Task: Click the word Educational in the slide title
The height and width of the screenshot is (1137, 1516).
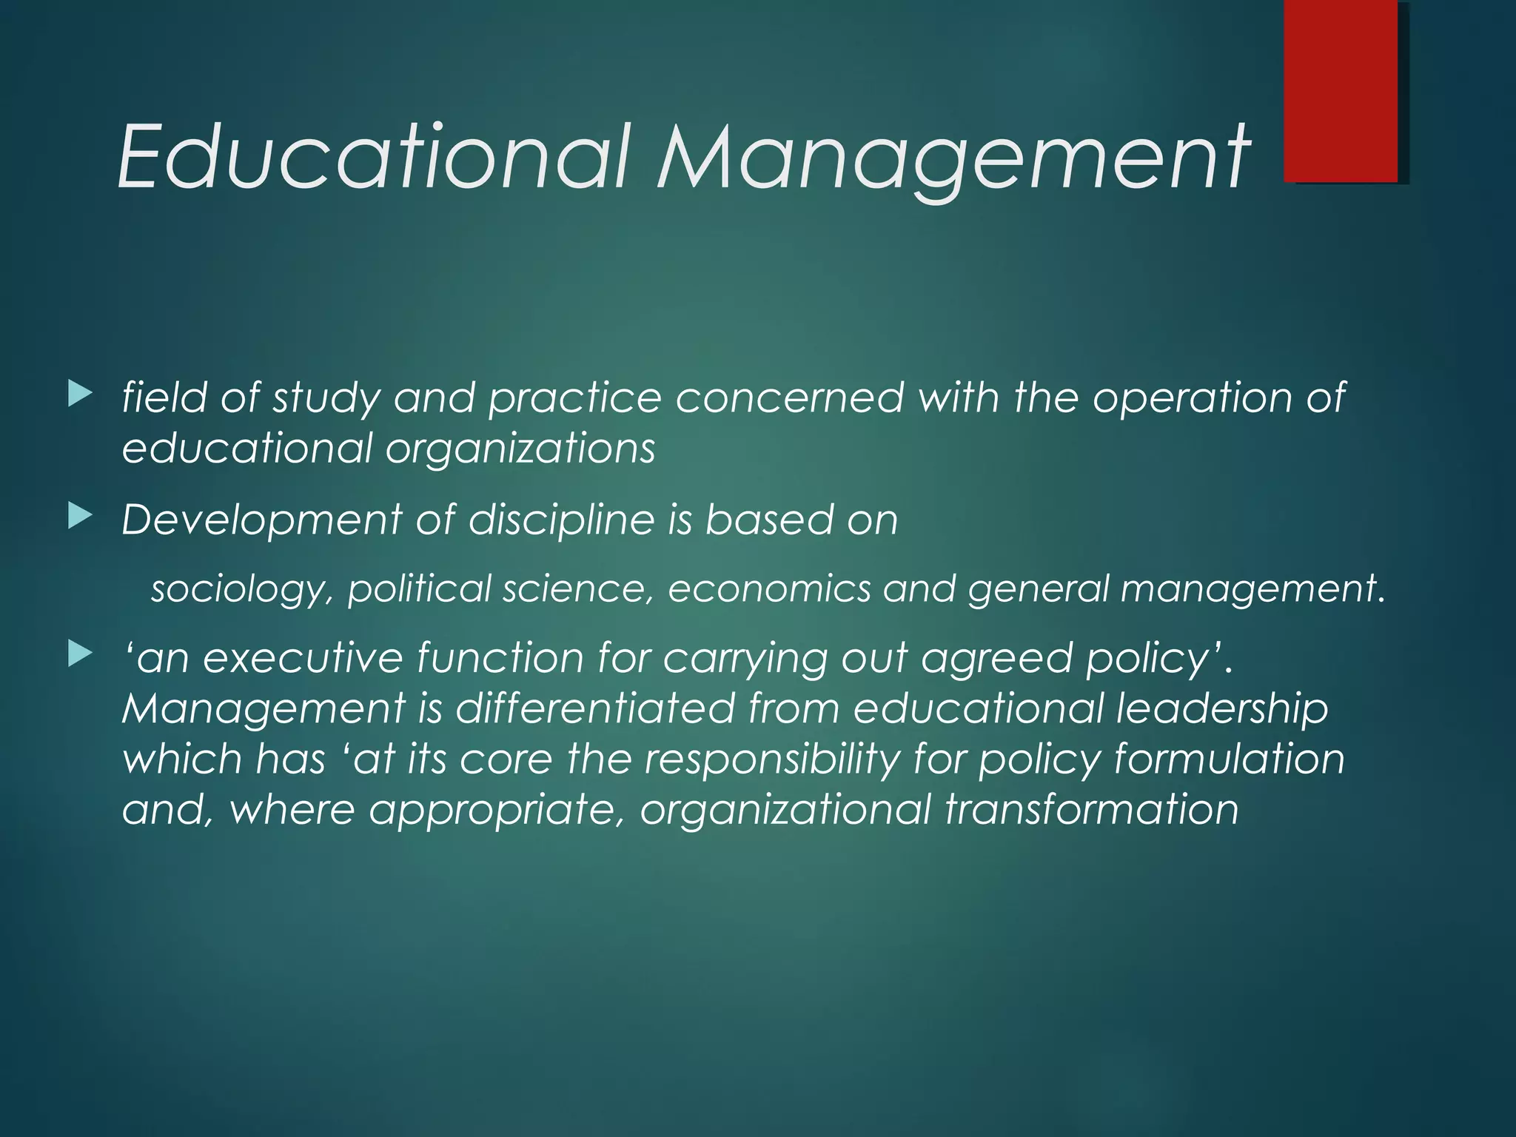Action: (375, 157)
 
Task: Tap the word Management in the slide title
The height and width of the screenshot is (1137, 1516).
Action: (953, 157)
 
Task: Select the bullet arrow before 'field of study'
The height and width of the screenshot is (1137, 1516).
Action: (79, 394)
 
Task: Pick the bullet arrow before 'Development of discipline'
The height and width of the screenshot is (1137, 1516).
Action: (79, 516)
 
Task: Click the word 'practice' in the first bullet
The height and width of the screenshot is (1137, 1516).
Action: (574, 398)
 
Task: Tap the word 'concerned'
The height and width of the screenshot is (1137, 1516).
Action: (789, 397)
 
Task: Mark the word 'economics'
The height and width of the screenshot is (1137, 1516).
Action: (769, 588)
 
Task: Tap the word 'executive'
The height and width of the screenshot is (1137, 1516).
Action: (303, 657)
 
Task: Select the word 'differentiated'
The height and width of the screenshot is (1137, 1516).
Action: (594, 708)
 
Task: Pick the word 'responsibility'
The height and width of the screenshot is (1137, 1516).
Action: (772, 759)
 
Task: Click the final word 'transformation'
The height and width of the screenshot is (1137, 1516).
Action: (1092, 808)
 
